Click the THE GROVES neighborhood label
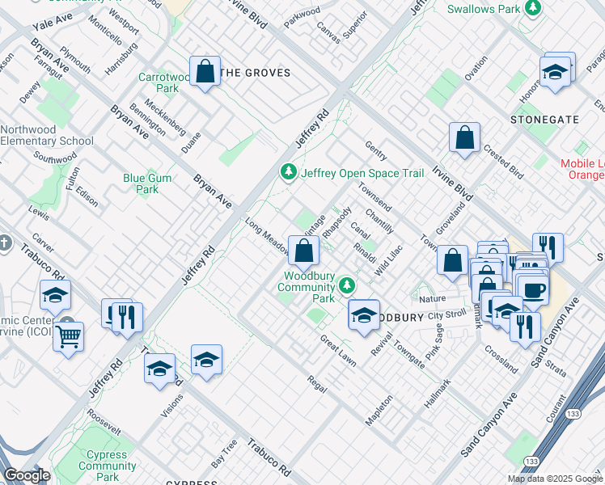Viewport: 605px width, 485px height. [255, 73]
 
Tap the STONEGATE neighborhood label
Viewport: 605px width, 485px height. [544, 120]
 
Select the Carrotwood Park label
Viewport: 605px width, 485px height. [167, 83]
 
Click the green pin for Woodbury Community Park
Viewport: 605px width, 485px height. [347, 285]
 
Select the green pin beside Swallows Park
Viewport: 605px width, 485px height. [532, 8]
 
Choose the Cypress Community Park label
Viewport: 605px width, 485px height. [107, 466]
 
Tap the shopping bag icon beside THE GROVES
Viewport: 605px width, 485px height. [206, 71]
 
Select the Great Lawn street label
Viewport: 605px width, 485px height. [337, 348]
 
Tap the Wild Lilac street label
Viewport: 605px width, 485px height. [388, 262]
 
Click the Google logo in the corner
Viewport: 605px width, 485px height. [27, 475]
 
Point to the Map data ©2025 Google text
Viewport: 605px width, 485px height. [555, 479]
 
